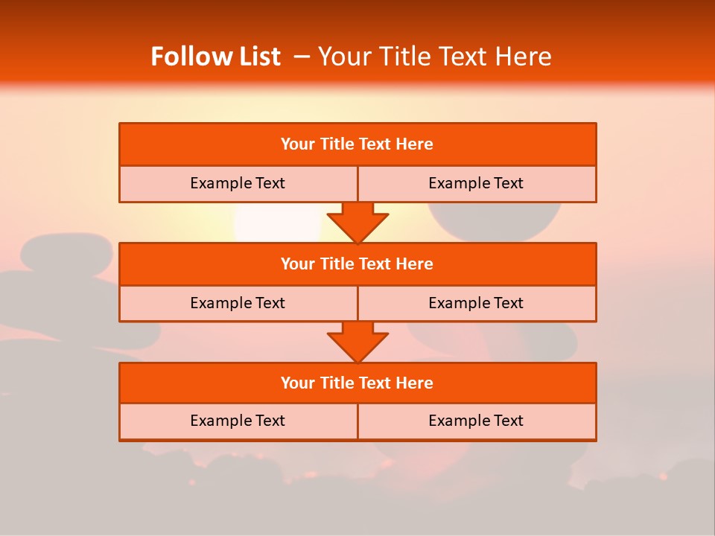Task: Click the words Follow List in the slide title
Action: pos(215,57)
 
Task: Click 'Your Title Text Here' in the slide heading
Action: pos(435,57)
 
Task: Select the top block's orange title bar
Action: pos(357,144)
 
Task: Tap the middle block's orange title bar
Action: pos(357,264)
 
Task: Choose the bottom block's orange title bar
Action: pos(357,383)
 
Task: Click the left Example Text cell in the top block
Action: pos(238,183)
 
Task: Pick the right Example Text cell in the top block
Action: pos(476,183)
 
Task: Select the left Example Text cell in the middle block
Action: pos(238,303)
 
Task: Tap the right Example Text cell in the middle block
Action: pos(476,303)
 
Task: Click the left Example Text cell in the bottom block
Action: pos(238,421)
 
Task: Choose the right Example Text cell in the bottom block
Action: pos(476,421)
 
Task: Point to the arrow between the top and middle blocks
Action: pos(357,222)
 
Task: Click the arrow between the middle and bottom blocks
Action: pos(357,342)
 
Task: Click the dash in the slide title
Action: pos(302,57)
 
